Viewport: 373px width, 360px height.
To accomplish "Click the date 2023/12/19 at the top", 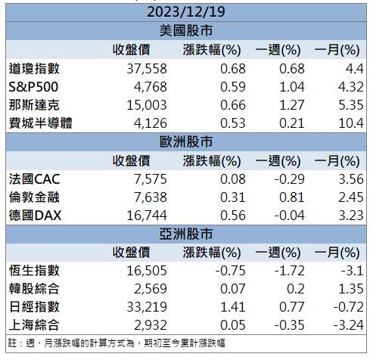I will click(186, 13).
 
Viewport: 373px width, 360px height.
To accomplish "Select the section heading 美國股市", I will click(186, 31).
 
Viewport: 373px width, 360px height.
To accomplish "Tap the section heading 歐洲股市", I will click(186, 141).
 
